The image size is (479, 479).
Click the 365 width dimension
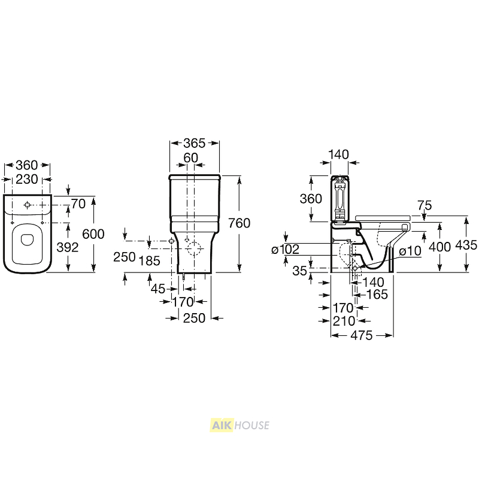pyautogui.click(x=194, y=143)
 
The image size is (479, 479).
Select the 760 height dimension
pyautogui.click(x=239, y=223)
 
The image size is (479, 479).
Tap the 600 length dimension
pyautogui.click(x=93, y=234)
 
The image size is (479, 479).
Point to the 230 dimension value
pyautogui.click(x=27, y=179)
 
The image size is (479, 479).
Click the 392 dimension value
pyautogui.click(x=68, y=247)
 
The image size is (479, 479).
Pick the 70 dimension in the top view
pyautogui.click(x=78, y=204)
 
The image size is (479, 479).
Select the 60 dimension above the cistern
pyautogui.click(x=190, y=157)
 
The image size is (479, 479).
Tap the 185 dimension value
pyautogui.click(x=149, y=261)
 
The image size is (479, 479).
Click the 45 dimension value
pyautogui.click(x=158, y=289)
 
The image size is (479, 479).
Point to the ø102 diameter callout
pyautogui.click(x=286, y=250)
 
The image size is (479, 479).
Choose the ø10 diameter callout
pyautogui.click(x=410, y=251)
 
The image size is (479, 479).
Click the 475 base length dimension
pyautogui.click(x=362, y=335)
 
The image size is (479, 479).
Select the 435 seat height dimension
pyautogui.click(x=466, y=245)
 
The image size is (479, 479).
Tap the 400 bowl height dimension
pyautogui.click(x=440, y=247)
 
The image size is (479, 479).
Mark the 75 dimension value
pyautogui.click(x=425, y=205)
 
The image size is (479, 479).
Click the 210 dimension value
pyautogui.click(x=344, y=321)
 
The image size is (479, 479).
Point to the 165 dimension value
pyautogui.click(x=377, y=295)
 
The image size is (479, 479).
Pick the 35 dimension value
pyautogui.click(x=299, y=271)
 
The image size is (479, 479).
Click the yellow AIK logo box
pyautogui.click(x=222, y=425)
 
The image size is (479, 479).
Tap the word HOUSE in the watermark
pyautogui.click(x=251, y=425)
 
